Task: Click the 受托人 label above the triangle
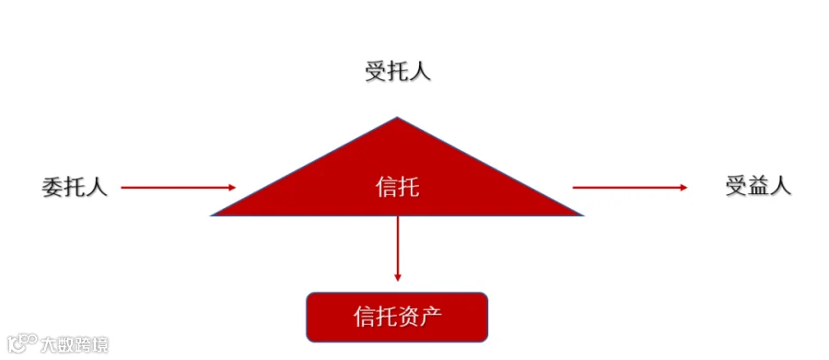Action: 398,72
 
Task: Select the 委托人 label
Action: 75,187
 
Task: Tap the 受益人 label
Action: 758,187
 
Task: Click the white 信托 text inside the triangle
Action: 398,187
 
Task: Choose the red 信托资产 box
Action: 397,317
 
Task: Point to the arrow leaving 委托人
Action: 178,187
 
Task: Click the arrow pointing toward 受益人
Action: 630,187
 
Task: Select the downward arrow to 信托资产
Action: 398,249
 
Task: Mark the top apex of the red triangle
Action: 397,117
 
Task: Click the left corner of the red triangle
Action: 212,215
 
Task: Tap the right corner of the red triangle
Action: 583,215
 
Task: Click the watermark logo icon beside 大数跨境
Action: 23,343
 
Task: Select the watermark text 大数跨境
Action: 76,344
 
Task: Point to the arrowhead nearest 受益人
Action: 683,187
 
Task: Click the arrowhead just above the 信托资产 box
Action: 398,277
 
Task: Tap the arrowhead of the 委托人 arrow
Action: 232,187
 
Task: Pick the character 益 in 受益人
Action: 758,187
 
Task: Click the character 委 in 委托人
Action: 53,187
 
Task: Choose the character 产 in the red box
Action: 430,317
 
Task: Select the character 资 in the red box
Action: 408,317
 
